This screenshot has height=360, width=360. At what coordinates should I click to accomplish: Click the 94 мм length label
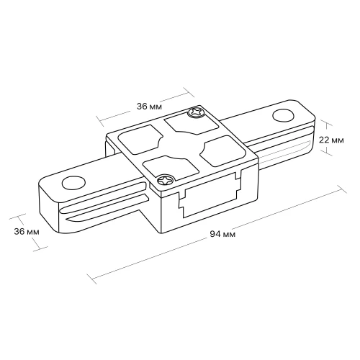(x=222, y=234)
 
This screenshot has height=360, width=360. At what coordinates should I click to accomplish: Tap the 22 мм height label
(x=331, y=140)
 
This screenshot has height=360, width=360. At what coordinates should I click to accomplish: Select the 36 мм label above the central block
(x=149, y=107)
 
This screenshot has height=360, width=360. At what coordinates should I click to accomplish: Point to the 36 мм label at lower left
(x=27, y=232)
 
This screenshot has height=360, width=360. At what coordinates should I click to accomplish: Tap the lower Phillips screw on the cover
(x=166, y=181)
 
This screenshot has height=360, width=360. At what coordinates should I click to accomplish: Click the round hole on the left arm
(x=73, y=183)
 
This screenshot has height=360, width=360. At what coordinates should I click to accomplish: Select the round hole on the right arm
(x=283, y=116)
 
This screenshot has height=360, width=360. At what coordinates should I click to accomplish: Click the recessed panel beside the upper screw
(x=192, y=124)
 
